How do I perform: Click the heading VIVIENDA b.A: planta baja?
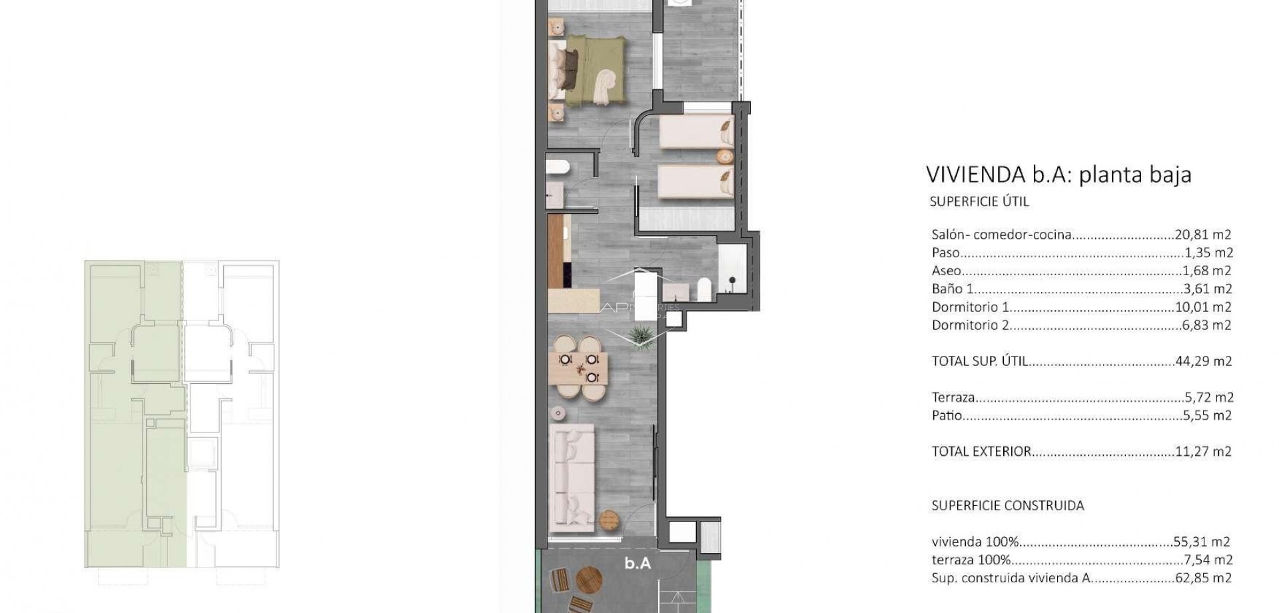click(1059, 175)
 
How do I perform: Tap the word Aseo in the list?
click(946, 271)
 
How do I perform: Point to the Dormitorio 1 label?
click(970, 307)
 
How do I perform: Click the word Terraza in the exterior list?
click(953, 397)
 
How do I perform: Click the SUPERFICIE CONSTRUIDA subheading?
click(1007, 506)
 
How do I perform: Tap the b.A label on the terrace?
click(637, 564)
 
